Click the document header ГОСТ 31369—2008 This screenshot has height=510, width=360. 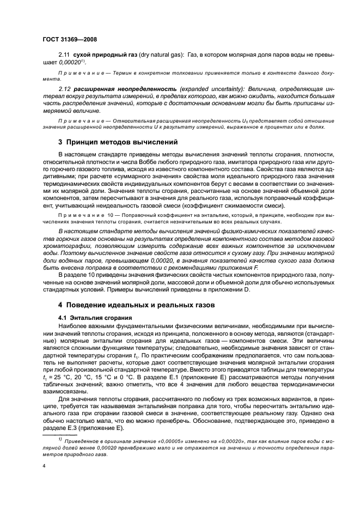pos(69,40)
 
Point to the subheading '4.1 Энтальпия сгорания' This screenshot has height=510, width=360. pos(91,317)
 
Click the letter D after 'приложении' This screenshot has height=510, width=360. pos(247,291)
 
